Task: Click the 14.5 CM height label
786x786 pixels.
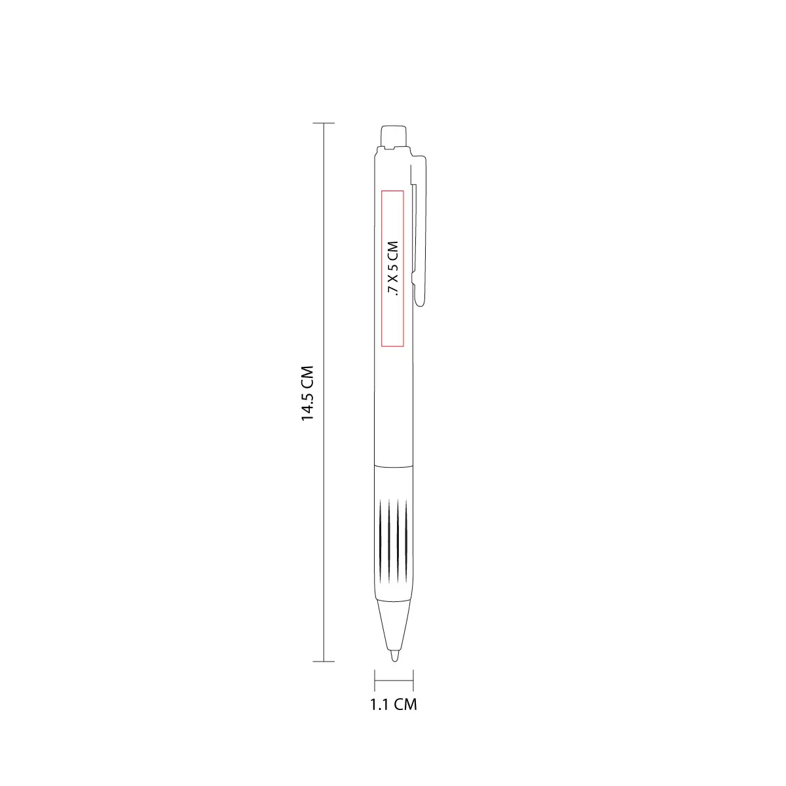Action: coord(307,393)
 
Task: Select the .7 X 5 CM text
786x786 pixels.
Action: coord(393,268)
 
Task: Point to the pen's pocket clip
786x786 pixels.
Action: coord(419,231)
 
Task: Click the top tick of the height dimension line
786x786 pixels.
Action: coord(324,122)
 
